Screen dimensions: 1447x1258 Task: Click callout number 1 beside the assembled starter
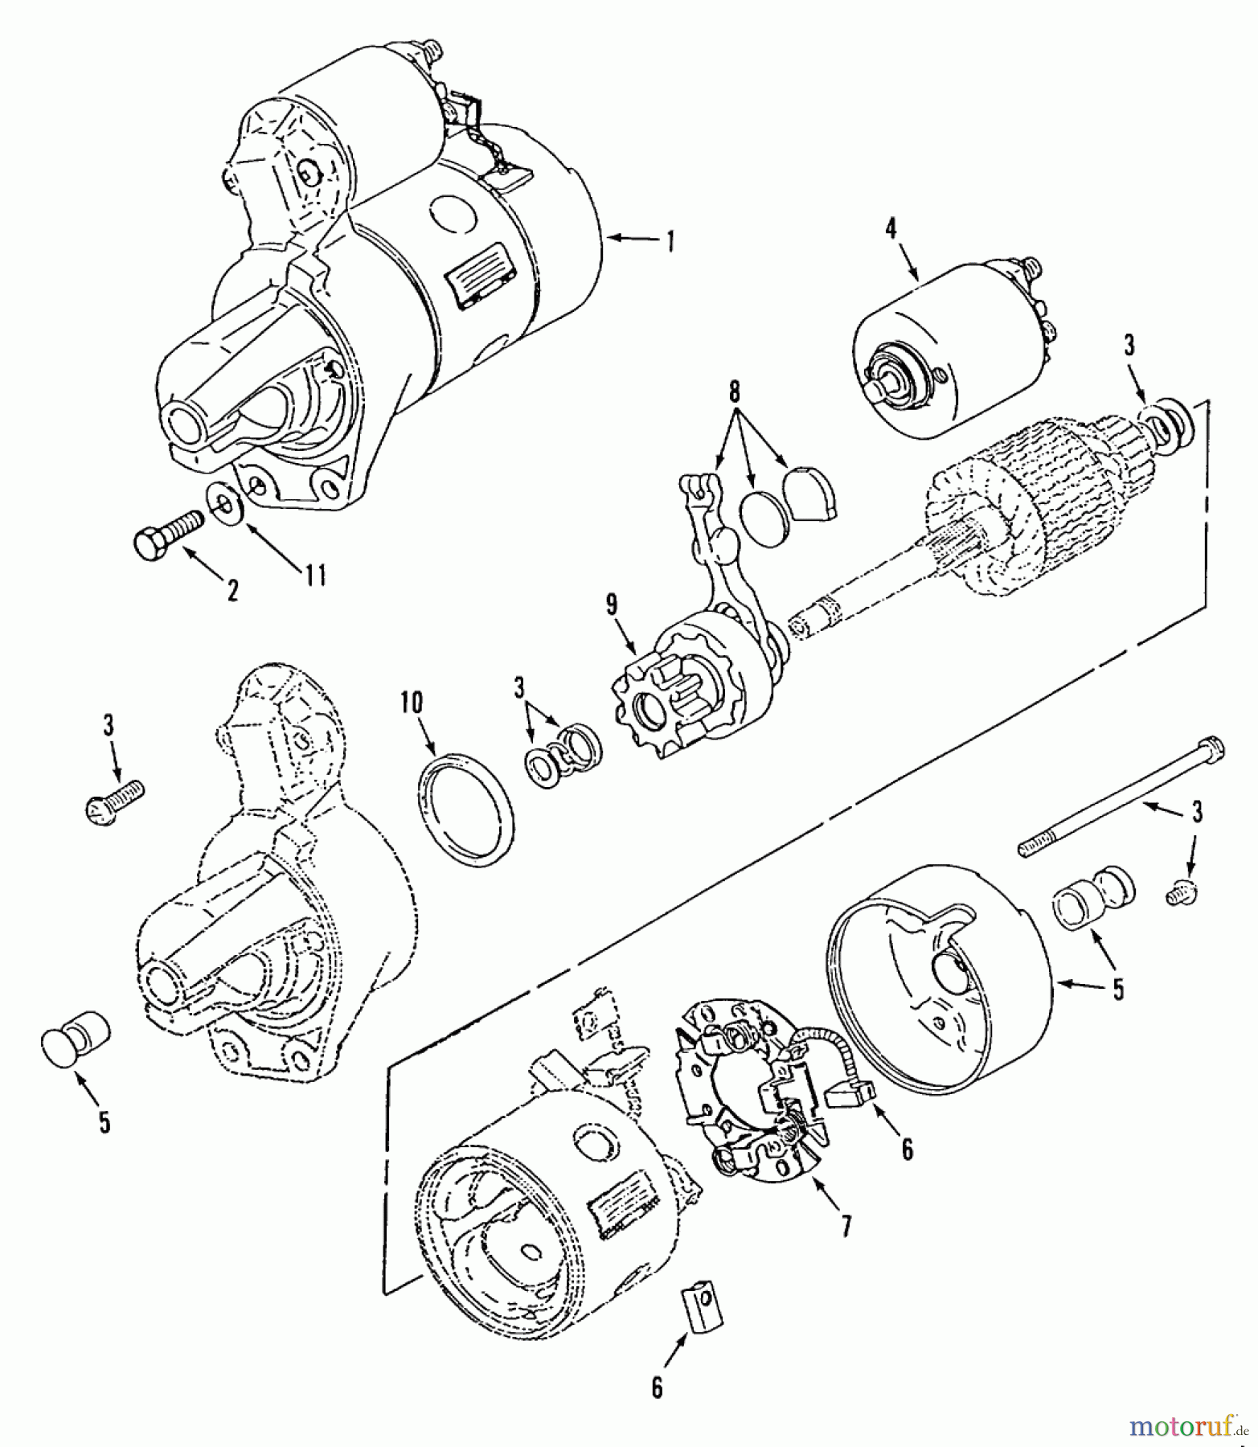668,240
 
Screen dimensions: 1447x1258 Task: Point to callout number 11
314,574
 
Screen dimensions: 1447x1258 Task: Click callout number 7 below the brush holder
845,1225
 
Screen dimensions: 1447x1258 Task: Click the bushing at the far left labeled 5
76,1043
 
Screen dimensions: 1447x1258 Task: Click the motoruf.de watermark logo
1188,1426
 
